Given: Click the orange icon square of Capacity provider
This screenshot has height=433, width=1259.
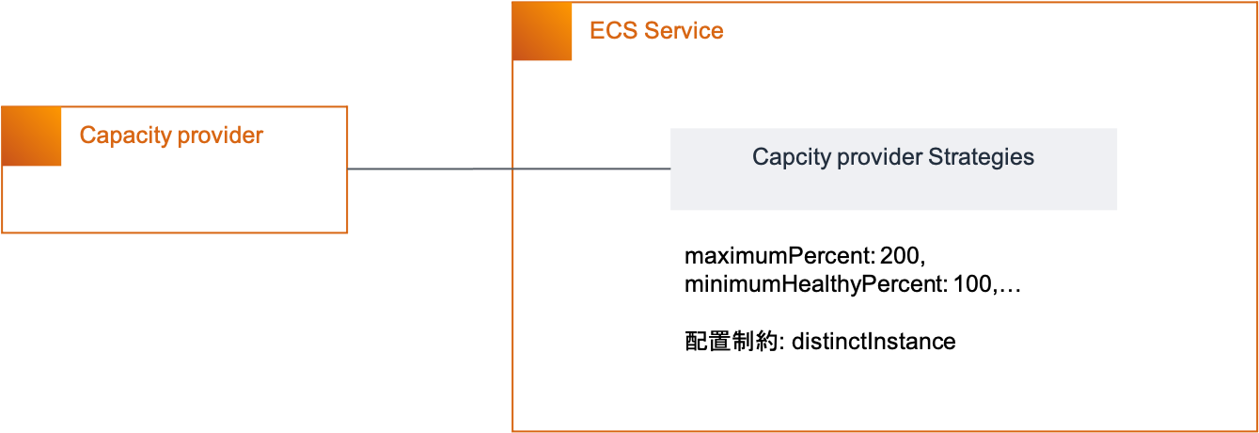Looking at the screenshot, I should (32, 136).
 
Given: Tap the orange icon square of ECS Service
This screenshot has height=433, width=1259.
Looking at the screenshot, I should (543, 32).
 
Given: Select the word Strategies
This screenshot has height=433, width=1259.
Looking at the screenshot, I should (981, 157).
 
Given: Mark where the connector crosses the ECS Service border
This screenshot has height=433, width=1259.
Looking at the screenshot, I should (512, 169).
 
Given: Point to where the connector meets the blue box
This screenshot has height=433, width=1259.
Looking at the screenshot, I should (670, 169).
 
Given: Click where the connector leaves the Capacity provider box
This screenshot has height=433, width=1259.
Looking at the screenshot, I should (348, 169).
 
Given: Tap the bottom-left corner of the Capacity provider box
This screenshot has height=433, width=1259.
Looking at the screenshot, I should (2, 232).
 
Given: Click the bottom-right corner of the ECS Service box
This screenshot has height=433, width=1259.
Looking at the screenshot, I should (1257, 430).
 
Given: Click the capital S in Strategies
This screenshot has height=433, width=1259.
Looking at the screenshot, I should (934, 157).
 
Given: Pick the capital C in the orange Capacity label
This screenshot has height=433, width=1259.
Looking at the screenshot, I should (87, 136).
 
